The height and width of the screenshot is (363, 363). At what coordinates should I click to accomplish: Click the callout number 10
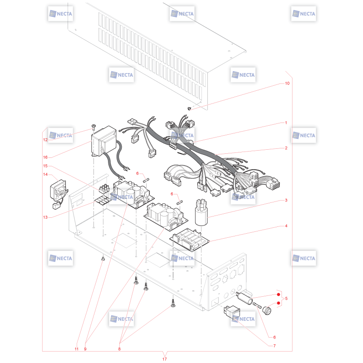287,83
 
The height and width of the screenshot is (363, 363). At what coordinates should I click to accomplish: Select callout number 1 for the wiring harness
286,123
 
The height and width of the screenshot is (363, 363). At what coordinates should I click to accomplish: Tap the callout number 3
286,200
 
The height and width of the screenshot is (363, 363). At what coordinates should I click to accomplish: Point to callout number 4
286,226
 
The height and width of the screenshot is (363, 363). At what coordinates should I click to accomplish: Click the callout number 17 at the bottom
165,359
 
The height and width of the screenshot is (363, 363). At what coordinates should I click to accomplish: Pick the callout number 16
45,157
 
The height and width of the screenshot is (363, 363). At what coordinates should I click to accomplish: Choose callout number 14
45,174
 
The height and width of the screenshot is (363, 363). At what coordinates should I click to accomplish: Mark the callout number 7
275,346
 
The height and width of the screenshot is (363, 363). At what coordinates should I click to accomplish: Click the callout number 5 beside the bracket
286,299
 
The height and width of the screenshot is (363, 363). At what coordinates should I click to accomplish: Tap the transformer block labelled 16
104,141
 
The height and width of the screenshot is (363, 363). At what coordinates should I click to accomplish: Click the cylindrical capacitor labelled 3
201,212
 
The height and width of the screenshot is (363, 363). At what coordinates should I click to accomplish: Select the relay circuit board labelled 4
189,240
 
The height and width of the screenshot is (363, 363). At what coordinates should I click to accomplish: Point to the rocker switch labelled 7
232,312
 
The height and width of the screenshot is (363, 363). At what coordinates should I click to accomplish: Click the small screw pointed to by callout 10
189,108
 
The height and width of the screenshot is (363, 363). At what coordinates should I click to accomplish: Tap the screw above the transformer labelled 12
93,127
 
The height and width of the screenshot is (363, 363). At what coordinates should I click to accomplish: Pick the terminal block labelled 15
104,188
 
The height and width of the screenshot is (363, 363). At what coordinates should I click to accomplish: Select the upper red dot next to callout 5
279,294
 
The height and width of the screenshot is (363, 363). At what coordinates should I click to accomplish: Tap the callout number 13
45,217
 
